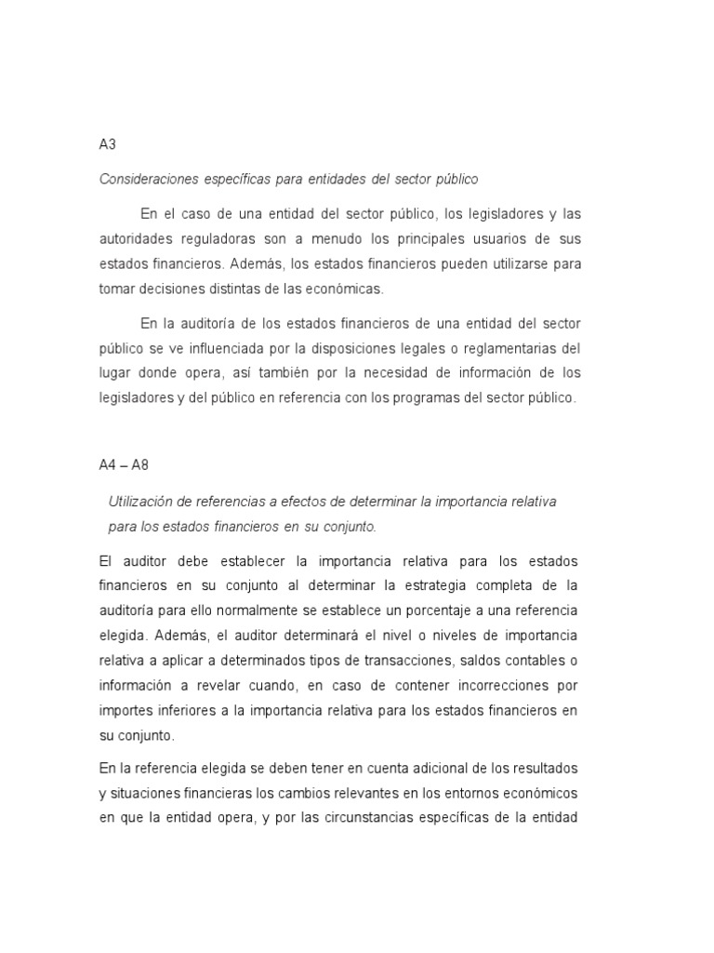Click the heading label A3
[x=107, y=144]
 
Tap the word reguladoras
[x=227, y=239]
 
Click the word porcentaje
[x=433, y=610]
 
